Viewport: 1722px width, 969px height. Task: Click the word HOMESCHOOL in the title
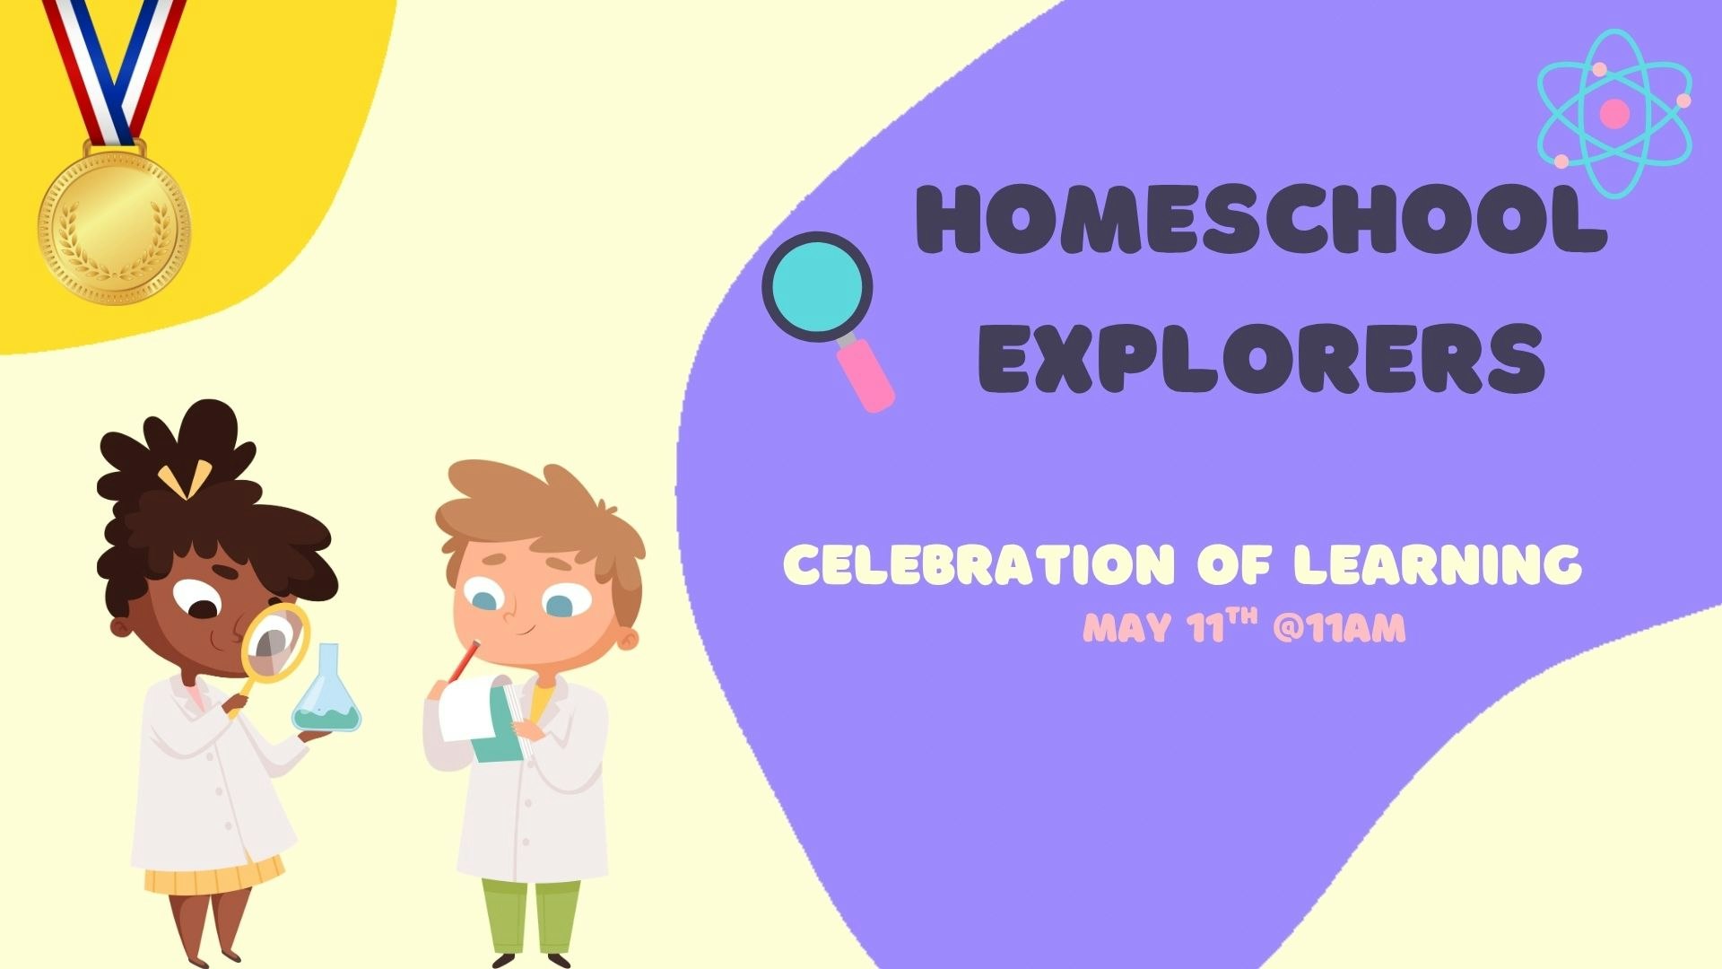click(x=1260, y=220)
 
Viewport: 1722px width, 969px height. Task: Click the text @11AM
click(x=1338, y=628)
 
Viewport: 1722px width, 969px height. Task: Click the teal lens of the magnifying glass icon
click(x=817, y=286)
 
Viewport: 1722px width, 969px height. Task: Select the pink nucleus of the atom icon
click(x=1614, y=114)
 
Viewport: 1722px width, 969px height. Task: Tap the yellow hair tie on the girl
click(x=187, y=479)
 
